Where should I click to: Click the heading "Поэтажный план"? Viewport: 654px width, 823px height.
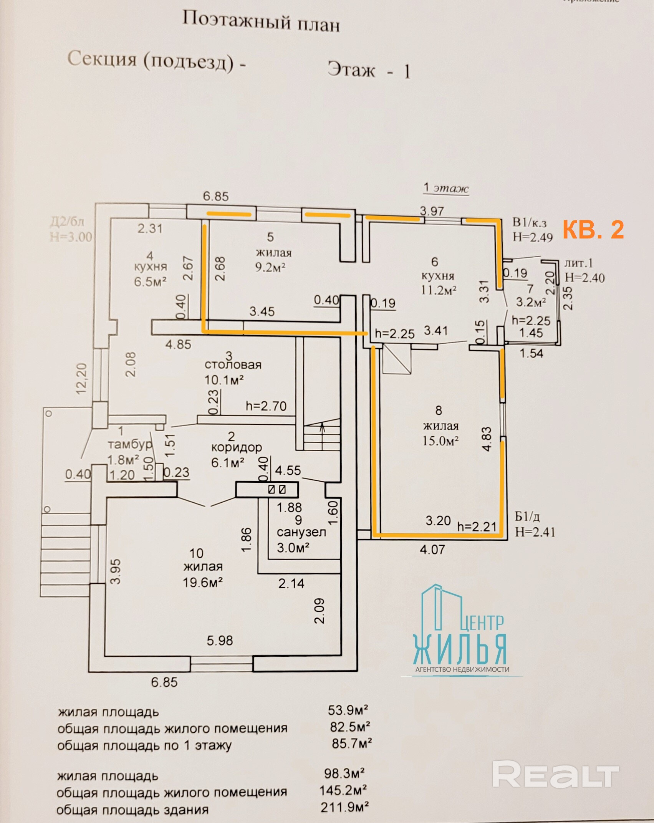[261, 22]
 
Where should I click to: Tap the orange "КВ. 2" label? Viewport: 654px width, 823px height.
[593, 229]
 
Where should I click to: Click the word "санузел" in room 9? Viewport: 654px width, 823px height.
[301, 532]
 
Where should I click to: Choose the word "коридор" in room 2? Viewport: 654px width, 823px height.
[237, 447]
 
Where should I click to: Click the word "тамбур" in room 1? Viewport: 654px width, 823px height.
[130, 445]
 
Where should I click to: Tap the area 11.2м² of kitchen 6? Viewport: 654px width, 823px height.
[439, 290]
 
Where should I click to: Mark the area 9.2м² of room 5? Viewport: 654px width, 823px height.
[270, 267]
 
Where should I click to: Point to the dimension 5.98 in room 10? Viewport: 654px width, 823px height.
[220, 640]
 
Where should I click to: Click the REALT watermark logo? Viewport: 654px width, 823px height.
[556, 774]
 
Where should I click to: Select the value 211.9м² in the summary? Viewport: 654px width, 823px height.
[344, 807]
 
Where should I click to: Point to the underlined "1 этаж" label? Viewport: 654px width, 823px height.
[446, 188]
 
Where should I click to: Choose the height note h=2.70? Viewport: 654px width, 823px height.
[266, 406]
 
